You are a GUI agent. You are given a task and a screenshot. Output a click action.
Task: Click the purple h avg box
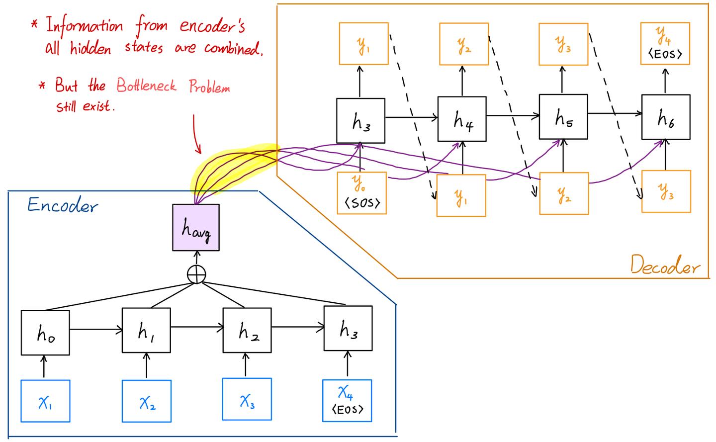pos(196,227)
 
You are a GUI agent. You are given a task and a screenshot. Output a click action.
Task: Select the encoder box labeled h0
pos(45,333)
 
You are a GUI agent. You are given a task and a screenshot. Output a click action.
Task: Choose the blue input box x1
pos(45,401)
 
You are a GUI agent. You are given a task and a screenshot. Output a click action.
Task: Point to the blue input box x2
pos(147,401)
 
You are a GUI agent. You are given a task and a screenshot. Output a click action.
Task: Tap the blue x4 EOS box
pos(347,401)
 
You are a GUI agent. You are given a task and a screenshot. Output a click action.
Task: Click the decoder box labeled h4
pos(462,119)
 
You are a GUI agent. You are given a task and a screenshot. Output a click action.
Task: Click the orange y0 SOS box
pos(362,193)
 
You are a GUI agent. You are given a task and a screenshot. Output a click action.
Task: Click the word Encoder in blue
pos(62,205)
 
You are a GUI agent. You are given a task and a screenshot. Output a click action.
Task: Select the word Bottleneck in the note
pos(147,86)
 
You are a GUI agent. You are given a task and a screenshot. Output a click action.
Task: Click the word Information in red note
pos(85,26)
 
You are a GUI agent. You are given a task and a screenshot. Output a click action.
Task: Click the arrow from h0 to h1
pos(96,329)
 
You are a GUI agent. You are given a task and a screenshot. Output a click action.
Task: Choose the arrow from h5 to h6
pos(615,114)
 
